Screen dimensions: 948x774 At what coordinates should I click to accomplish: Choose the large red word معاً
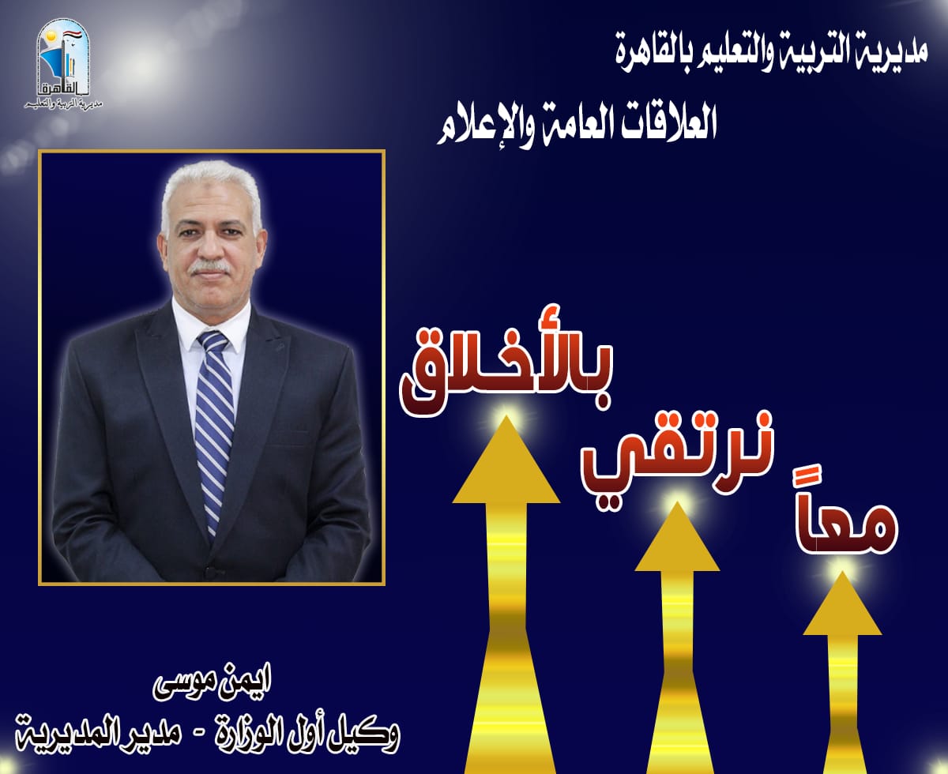click(846, 525)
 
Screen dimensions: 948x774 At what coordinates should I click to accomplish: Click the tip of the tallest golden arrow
click(506, 416)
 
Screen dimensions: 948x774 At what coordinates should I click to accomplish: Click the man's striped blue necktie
click(214, 427)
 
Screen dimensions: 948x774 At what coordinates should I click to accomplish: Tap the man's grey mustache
click(209, 267)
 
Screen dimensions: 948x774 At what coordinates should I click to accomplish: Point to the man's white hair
click(211, 189)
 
